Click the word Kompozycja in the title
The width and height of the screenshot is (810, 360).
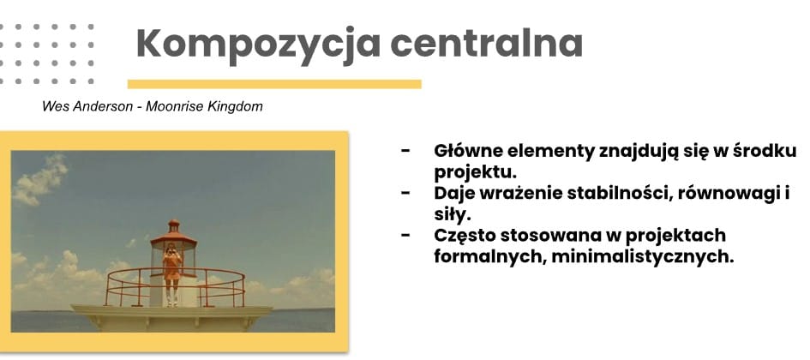(258, 45)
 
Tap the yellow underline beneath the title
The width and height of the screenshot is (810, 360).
(274, 84)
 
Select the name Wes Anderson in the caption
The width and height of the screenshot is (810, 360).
(87, 107)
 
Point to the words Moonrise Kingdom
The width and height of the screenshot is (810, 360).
(204, 107)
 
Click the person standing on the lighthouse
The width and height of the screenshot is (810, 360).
(172, 273)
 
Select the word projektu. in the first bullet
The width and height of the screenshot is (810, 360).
(475, 172)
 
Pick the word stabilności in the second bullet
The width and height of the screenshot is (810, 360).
(617, 193)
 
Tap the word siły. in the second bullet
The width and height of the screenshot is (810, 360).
(453, 214)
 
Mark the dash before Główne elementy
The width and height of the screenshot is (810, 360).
(406, 151)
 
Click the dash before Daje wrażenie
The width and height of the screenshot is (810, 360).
(406, 194)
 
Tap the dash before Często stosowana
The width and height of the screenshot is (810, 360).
(406, 236)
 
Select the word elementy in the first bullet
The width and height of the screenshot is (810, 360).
(550, 152)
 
